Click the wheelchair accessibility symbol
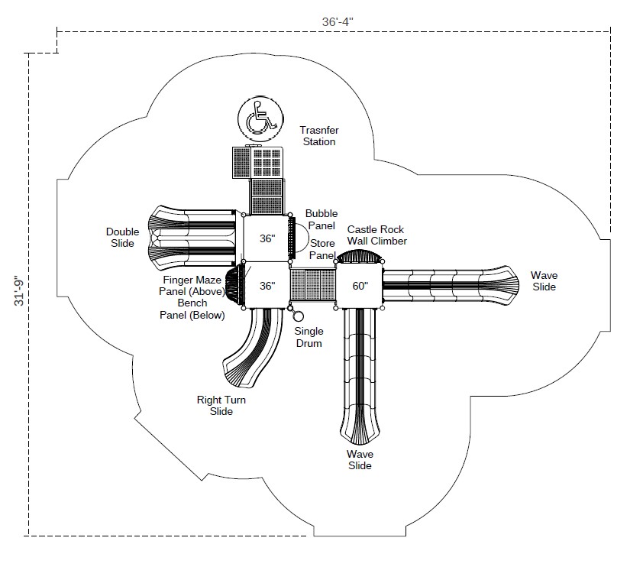click(261, 119)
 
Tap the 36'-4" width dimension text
click(338, 21)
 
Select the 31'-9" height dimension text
click(19, 290)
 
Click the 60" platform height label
click(360, 286)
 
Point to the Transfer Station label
click(319, 136)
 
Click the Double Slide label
click(123, 238)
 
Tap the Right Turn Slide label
click(221, 405)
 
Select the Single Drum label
click(309, 337)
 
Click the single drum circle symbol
click(299, 316)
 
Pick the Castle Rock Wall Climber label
click(376, 235)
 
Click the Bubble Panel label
click(321, 219)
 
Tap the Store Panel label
click(322, 249)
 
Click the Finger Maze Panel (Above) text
click(192, 286)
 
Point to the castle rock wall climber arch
click(359, 257)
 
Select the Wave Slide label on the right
click(544, 281)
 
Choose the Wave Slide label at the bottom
click(360, 460)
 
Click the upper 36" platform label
click(267, 238)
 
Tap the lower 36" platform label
click(267, 286)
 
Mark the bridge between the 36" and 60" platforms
click(312, 285)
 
